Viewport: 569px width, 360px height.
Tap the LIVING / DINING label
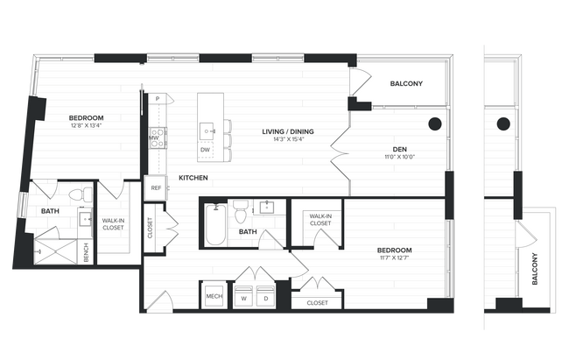point(288,132)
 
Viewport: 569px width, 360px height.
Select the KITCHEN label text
point(193,178)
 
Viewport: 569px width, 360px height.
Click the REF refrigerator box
point(156,187)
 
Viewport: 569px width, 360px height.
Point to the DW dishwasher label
point(205,150)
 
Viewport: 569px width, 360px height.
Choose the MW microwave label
point(153,138)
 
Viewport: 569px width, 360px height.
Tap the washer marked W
point(242,297)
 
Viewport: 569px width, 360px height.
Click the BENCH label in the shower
point(86,252)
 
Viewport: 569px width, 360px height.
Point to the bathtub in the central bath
point(215,225)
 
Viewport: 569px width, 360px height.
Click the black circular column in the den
point(435,124)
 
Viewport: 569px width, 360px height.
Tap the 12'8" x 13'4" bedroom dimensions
point(88,125)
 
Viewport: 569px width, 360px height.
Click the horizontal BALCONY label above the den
point(406,84)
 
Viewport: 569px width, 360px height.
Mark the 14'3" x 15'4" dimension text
point(288,140)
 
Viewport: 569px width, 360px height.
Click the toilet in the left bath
point(76,193)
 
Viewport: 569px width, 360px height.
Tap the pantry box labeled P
point(157,99)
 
